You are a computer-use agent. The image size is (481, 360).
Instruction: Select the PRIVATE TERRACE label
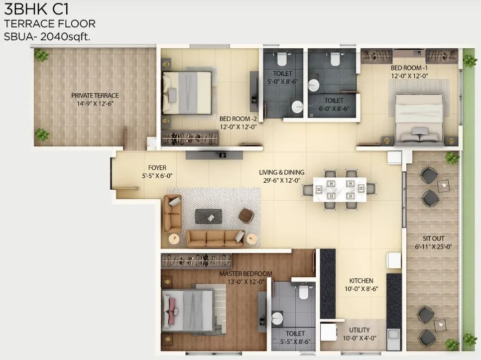coord(95,95)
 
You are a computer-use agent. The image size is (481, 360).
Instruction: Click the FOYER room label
coord(157,168)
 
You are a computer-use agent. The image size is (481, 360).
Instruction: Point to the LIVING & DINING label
coord(281,172)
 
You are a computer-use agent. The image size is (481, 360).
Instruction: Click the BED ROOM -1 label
coord(409,68)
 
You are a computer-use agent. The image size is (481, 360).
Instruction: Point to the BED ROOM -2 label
coord(238,119)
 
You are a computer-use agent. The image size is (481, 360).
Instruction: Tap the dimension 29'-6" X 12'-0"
coord(281,181)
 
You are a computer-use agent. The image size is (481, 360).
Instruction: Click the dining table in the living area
coord(340,190)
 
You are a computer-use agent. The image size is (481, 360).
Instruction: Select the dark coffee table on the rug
coord(209,216)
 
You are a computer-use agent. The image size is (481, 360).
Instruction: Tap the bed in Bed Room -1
coord(419,119)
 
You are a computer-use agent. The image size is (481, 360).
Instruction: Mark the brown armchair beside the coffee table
coord(245,215)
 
